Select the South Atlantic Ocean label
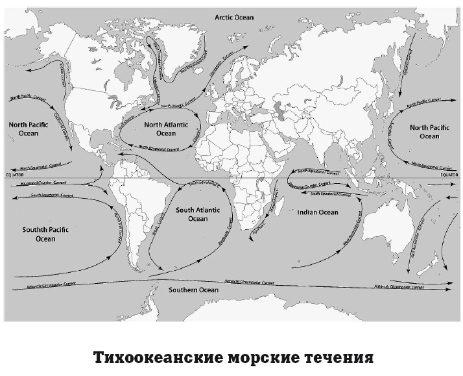tap(198, 214)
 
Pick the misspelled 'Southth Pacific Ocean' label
tap(37, 234)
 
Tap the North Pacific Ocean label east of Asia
tap(429, 132)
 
